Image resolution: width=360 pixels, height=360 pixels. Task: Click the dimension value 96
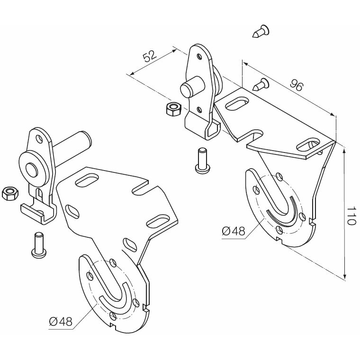coord(296,85)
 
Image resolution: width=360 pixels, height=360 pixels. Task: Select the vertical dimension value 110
coord(351,216)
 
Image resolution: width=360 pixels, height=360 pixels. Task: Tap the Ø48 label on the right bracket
coord(233,231)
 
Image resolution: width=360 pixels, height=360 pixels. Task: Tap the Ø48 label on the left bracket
coord(60,322)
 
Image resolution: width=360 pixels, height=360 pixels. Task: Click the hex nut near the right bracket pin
coord(172,108)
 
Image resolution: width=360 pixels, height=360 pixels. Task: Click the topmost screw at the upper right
coord(261,32)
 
